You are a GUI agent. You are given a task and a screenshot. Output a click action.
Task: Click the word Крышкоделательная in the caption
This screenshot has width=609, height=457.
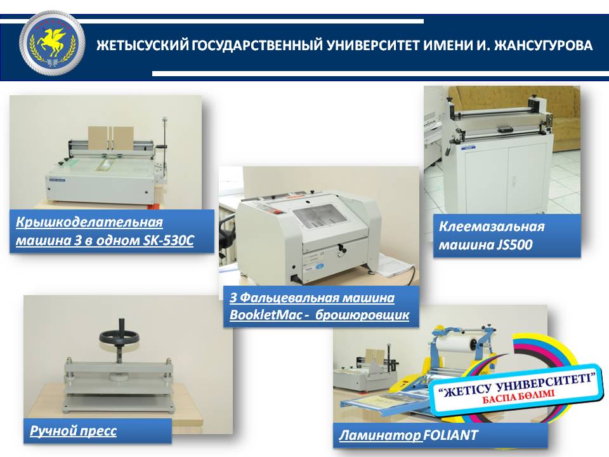[89, 223]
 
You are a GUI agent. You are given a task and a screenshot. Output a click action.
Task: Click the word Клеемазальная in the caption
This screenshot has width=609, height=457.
[492, 227]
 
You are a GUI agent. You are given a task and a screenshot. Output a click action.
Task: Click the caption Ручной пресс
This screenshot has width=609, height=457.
[73, 431]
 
